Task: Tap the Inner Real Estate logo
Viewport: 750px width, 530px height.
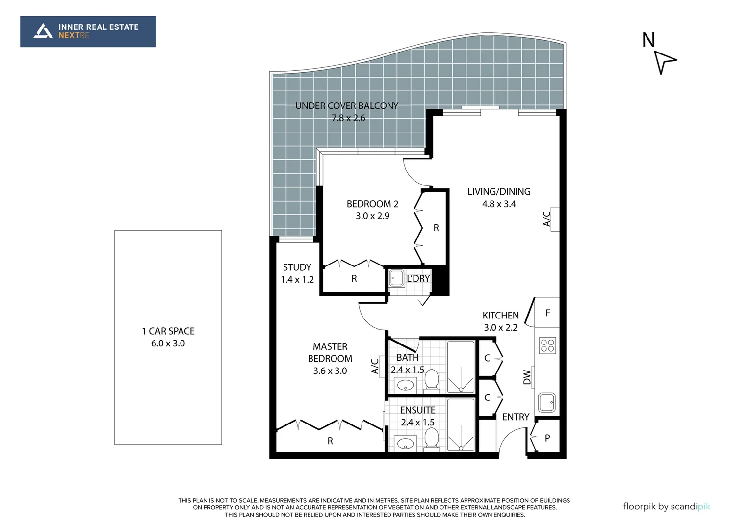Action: pyautogui.click(x=88, y=31)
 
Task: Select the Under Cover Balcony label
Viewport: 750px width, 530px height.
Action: pyautogui.click(x=347, y=106)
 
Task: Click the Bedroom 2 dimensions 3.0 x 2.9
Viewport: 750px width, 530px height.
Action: pyautogui.click(x=372, y=216)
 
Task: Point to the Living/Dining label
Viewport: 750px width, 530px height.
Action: pyautogui.click(x=499, y=191)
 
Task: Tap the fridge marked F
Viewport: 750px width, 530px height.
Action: pyautogui.click(x=547, y=313)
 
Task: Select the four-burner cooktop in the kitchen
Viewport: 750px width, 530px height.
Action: pyautogui.click(x=547, y=345)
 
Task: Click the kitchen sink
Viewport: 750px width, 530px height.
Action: pyautogui.click(x=546, y=402)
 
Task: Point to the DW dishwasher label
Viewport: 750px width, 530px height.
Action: pyautogui.click(x=527, y=377)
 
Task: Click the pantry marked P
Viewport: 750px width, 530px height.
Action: pyautogui.click(x=547, y=438)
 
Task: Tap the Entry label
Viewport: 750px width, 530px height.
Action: pyautogui.click(x=516, y=417)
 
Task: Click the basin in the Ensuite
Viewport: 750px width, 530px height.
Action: pyautogui.click(x=405, y=444)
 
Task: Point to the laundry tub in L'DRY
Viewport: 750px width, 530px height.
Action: pyautogui.click(x=396, y=278)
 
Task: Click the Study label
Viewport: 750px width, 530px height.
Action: pyautogui.click(x=297, y=267)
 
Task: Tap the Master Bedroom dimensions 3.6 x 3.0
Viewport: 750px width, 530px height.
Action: pyautogui.click(x=330, y=371)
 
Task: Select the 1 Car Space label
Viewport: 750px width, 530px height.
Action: pyautogui.click(x=168, y=331)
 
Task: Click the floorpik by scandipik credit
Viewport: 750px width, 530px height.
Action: pyautogui.click(x=666, y=506)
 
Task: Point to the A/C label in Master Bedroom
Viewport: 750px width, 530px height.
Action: pyautogui.click(x=375, y=366)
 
